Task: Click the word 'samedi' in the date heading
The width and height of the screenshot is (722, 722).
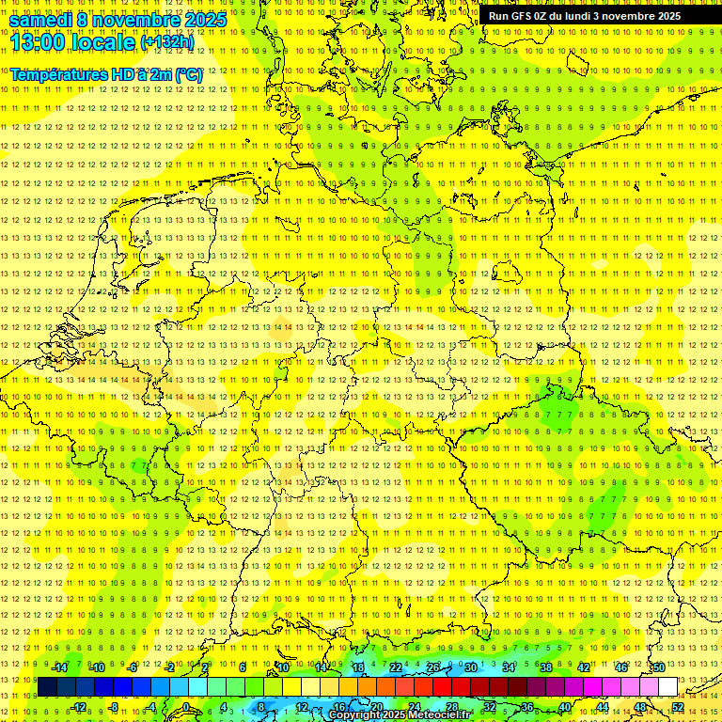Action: pos(42,19)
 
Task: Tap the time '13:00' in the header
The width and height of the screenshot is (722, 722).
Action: pos(36,42)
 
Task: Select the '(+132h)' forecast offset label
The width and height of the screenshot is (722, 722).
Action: pos(167,42)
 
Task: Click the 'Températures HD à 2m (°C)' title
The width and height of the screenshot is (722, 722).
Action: pos(106,73)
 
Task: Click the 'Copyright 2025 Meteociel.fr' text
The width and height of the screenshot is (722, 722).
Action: pos(400,715)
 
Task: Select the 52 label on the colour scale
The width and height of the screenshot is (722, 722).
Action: pos(678,707)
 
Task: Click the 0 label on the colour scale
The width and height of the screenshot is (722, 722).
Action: pos(186,707)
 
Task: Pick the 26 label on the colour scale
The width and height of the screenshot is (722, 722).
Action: pos(433,667)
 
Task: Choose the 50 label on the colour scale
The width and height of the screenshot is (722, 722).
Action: pos(659,667)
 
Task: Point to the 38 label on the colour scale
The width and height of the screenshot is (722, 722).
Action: pos(546,667)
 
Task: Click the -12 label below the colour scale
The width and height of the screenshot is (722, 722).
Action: pos(78,707)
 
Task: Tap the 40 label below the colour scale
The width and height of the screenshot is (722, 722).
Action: pos(565,707)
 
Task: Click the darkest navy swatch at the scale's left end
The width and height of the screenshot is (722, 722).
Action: pos(47,687)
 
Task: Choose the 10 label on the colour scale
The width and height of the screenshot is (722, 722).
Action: pos(283,667)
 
